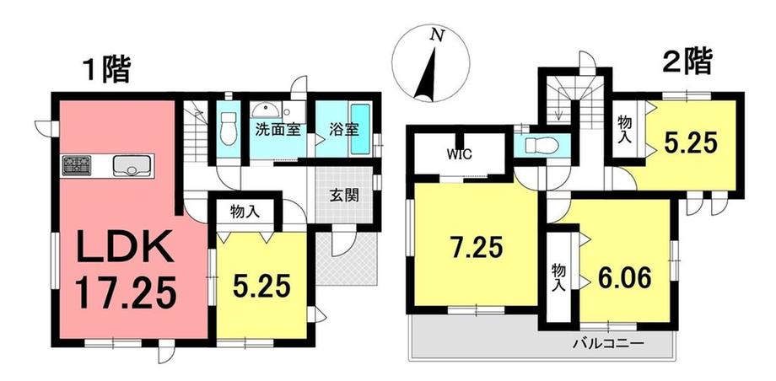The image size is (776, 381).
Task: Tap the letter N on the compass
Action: [436, 35]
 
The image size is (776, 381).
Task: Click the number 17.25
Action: [126, 292]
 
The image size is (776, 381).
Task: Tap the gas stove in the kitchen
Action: [77, 165]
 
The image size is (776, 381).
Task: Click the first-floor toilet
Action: [228, 128]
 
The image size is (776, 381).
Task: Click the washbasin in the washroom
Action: [266, 110]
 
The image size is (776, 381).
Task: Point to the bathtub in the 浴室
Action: [361, 129]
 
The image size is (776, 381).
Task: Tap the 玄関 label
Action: [344, 196]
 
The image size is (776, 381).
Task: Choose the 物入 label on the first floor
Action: [245, 212]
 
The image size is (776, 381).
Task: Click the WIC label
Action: [461, 154]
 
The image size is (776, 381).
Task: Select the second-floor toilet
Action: [542, 145]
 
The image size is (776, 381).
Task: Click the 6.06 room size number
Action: [623, 277]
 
